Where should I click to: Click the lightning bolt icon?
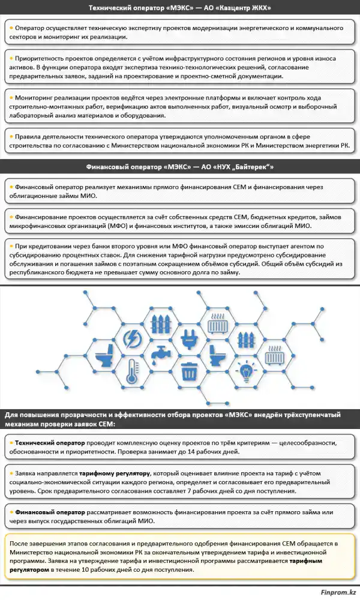[x=131, y=340]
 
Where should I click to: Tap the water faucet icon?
[x=160, y=355]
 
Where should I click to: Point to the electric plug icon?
[x=190, y=340]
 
